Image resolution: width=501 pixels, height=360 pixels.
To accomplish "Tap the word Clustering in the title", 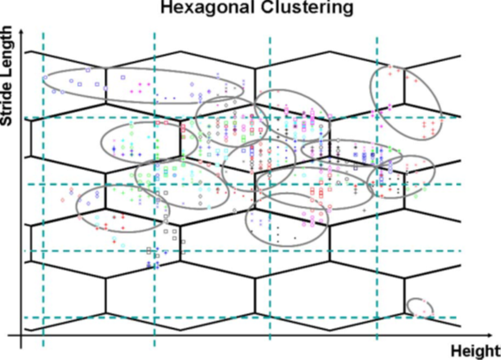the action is pyautogui.click(x=307, y=8).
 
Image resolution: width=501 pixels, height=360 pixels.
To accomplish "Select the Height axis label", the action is pyautogui.click(x=475, y=351).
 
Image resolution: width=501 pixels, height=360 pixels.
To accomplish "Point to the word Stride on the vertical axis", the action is pyautogui.click(x=6, y=106).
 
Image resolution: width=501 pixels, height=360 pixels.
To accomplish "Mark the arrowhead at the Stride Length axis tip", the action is pyautogui.click(x=21, y=31).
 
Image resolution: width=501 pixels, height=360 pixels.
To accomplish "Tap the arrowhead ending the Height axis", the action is pyautogui.click(x=489, y=335).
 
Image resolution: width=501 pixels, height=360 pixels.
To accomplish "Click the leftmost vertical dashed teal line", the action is pyautogui.click(x=43, y=189).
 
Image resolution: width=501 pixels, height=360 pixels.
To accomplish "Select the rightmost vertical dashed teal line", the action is pyautogui.click(x=377, y=188).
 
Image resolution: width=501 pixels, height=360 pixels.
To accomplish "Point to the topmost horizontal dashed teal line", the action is pyautogui.click(x=243, y=118).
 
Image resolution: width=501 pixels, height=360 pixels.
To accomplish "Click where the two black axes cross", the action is pyautogui.click(x=21, y=335).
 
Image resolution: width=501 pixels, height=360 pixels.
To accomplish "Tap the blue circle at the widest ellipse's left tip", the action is pyautogui.click(x=45, y=78).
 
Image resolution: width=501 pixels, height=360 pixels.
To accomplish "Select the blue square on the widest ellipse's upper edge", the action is pyautogui.click(x=89, y=70).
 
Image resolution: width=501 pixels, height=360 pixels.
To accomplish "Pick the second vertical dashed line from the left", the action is pyautogui.click(x=155, y=189).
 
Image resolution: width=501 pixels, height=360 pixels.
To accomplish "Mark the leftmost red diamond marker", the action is pyautogui.click(x=63, y=200).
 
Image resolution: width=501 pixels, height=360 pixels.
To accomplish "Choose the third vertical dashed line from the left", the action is pyautogui.click(x=270, y=188).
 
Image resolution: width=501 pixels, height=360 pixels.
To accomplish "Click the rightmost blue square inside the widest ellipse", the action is pyautogui.click(x=123, y=77).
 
